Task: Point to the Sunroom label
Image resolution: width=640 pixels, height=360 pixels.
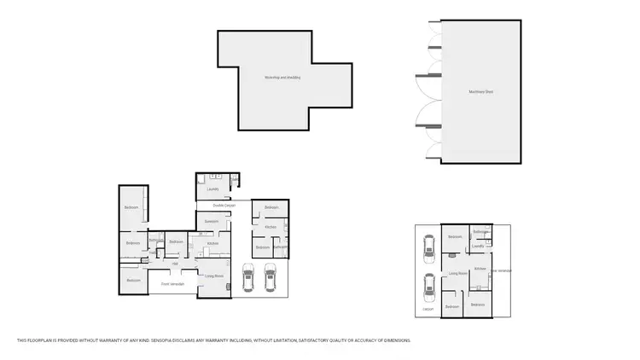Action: [212, 221]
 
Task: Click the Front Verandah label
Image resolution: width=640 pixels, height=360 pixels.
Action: [173, 283]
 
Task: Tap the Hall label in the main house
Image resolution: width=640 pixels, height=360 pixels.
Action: [174, 264]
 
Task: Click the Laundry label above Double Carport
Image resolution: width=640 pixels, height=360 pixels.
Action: [212, 189]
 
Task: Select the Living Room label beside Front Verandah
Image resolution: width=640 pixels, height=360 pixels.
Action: [214, 276]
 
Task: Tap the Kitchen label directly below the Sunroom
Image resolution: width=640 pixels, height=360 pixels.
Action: [213, 243]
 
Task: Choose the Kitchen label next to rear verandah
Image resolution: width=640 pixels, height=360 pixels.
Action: [480, 268]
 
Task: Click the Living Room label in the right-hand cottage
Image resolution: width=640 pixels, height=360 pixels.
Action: [457, 273]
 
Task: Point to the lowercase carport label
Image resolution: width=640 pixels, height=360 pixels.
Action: [428, 309]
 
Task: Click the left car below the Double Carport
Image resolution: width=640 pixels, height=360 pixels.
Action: [248, 276]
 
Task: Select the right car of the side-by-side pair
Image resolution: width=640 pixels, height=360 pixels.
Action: [271, 276]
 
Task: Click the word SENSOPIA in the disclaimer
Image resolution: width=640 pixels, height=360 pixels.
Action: [143, 340]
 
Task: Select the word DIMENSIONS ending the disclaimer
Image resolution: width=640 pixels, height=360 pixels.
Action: [397, 340]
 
